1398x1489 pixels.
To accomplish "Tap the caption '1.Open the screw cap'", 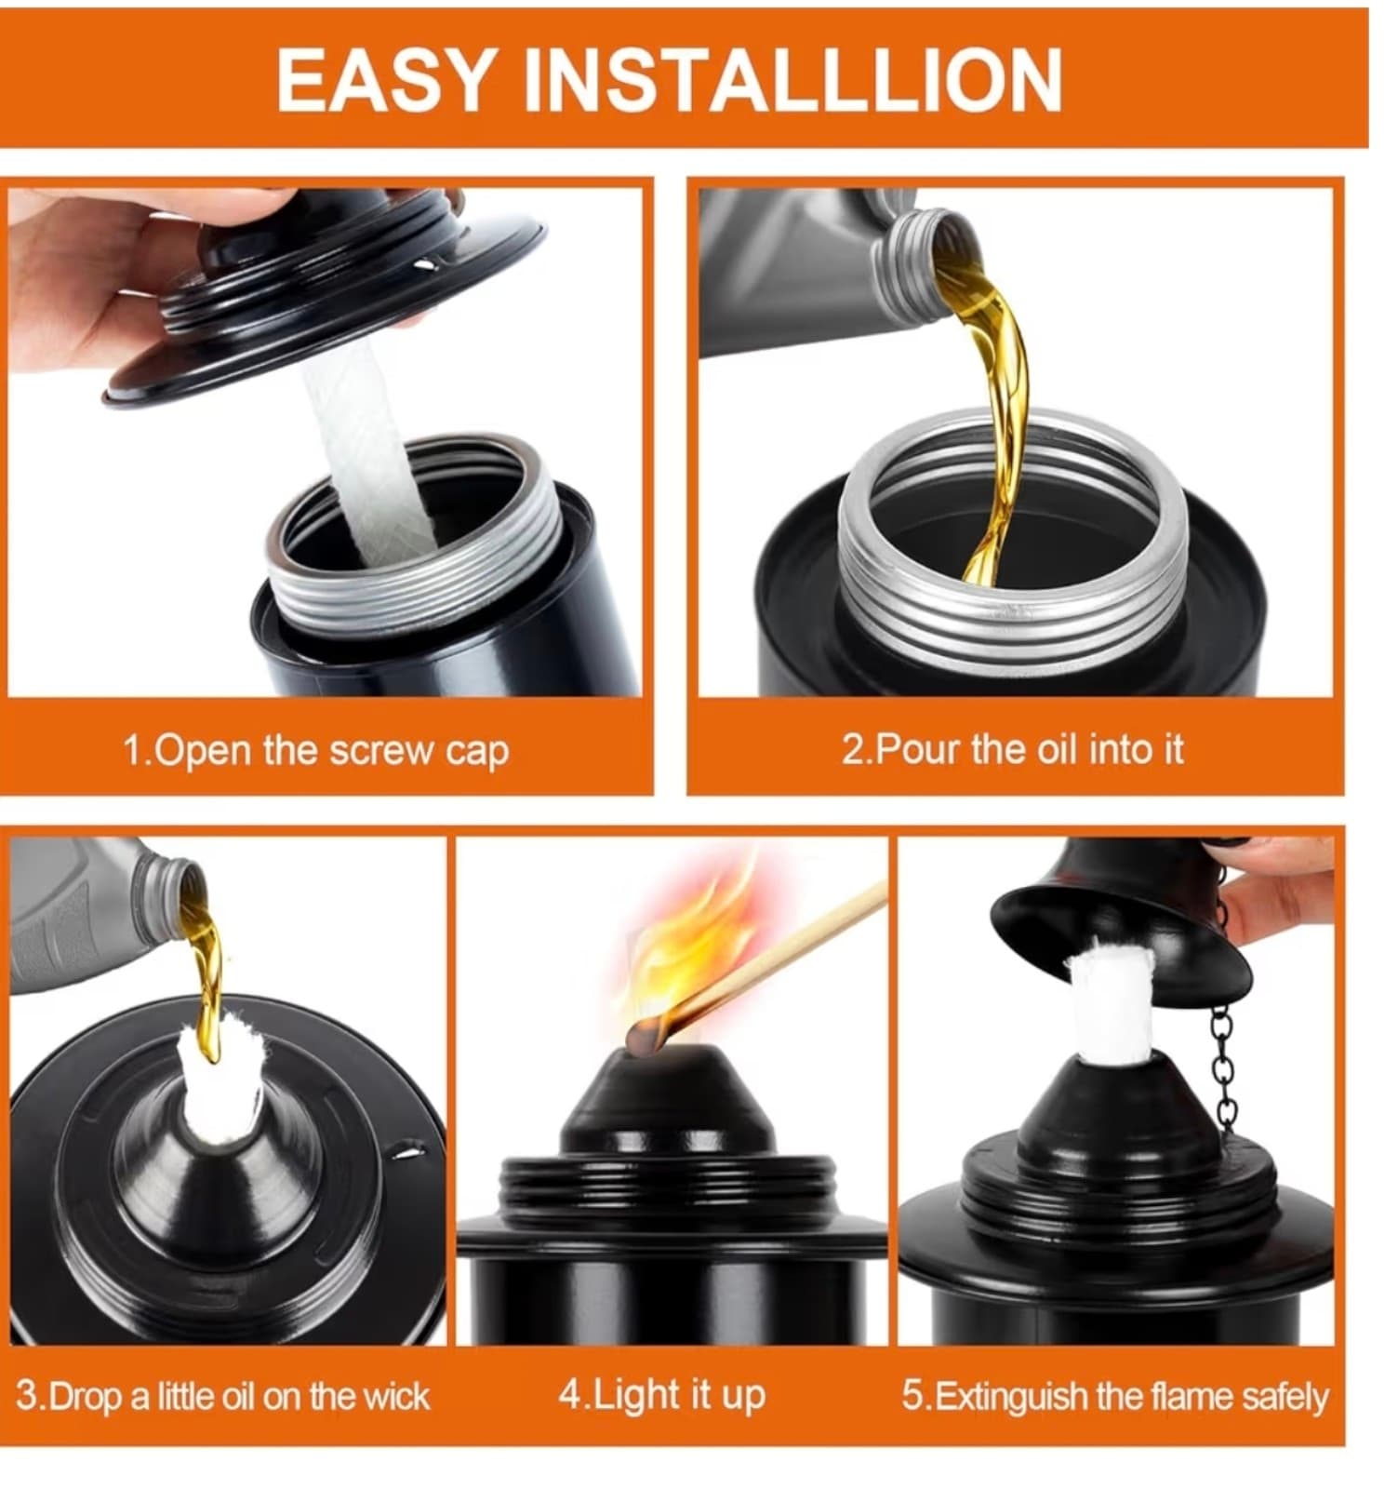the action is (316, 751).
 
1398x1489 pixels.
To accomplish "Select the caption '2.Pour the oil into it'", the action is (1012, 749).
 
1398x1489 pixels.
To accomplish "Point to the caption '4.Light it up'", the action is (661, 1395).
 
